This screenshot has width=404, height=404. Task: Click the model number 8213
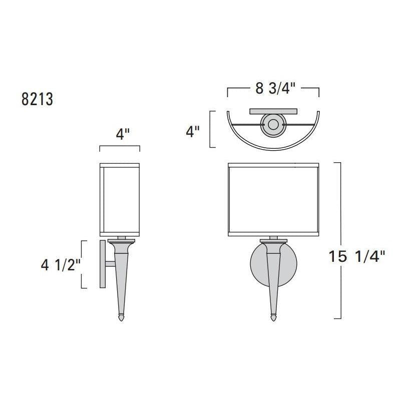click(x=38, y=99)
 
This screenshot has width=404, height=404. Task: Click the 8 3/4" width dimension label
click(x=275, y=89)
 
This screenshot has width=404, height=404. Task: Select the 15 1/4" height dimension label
click(x=357, y=256)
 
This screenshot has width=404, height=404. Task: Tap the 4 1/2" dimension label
click(x=61, y=265)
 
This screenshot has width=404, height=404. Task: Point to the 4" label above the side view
click(x=122, y=134)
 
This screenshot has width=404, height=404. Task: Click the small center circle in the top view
click(x=273, y=125)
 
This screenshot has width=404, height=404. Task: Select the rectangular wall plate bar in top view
click(x=273, y=111)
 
